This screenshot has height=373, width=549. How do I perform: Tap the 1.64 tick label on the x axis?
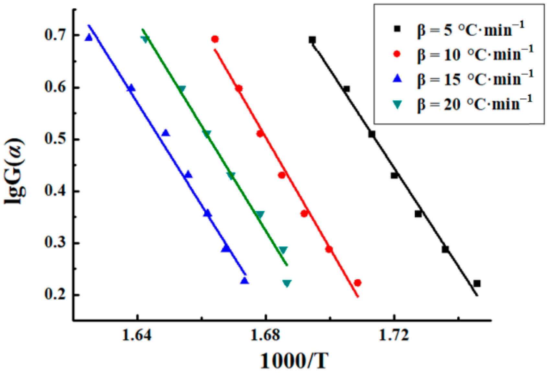[137, 335]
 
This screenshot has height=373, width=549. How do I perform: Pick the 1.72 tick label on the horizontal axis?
[394, 335]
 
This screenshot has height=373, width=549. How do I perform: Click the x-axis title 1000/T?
[294, 361]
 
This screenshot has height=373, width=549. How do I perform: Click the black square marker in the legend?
[397, 29]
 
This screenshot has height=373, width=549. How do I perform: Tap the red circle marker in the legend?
[397, 54]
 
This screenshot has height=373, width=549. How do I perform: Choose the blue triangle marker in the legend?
[397, 79]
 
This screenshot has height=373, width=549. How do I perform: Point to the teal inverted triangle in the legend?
[397, 104]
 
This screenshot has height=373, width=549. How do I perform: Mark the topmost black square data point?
[312, 40]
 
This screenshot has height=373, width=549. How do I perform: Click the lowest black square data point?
[477, 284]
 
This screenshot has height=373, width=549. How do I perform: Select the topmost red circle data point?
[215, 39]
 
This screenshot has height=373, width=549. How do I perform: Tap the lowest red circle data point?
[358, 283]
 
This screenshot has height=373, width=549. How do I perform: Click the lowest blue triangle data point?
[245, 281]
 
